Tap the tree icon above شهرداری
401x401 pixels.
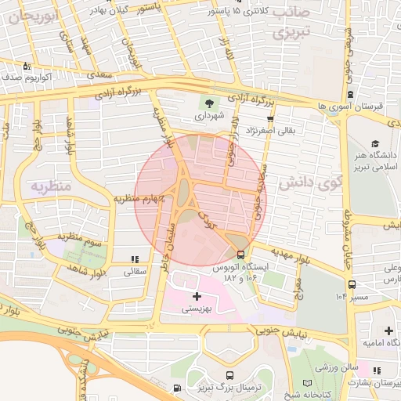pyautogui.click(x=209, y=102)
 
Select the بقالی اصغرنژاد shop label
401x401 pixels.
pyautogui.click(x=270, y=130)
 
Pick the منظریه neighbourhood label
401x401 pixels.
pyautogui.click(x=51, y=186)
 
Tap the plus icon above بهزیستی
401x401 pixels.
pyautogui.click(x=196, y=296)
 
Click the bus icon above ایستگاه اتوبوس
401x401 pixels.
pyautogui.click(x=240, y=254)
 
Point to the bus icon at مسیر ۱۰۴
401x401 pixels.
pyautogui.click(x=352, y=284)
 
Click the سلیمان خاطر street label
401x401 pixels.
pyautogui.click(x=165, y=244)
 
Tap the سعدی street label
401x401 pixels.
pyautogui.click(x=99, y=74)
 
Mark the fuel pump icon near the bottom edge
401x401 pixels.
pyautogui.click(x=179, y=388)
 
